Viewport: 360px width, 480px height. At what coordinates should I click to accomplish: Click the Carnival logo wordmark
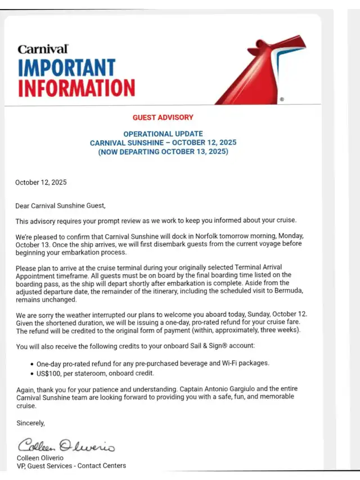43,50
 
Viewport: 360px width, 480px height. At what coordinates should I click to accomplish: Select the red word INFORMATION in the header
76,88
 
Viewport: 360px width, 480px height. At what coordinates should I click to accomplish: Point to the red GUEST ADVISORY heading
163,118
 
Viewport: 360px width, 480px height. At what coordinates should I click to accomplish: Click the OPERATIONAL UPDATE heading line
163,134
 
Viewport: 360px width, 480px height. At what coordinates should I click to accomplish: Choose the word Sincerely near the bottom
30,422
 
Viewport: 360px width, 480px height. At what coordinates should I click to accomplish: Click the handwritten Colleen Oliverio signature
66,446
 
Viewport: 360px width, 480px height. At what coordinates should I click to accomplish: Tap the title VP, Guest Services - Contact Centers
71,465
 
